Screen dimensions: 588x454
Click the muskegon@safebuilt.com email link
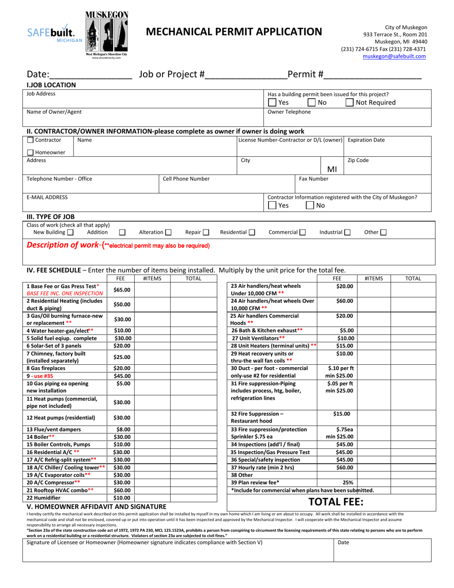[x=394, y=56]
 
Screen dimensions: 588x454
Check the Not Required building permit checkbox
[x=350, y=102]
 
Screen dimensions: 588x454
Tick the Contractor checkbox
[x=30, y=140]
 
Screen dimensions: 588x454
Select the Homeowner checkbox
[x=30, y=152]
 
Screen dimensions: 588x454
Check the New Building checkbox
[x=70, y=232]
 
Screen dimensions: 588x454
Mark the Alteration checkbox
[x=168, y=232]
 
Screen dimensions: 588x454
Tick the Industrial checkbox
[x=347, y=232]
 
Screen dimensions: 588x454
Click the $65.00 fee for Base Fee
[x=121, y=290]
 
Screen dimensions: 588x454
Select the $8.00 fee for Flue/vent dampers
[x=121, y=429]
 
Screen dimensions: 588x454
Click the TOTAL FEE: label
[x=336, y=501]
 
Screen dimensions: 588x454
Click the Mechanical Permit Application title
[x=234, y=32]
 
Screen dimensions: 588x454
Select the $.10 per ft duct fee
[x=340, y=368]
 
